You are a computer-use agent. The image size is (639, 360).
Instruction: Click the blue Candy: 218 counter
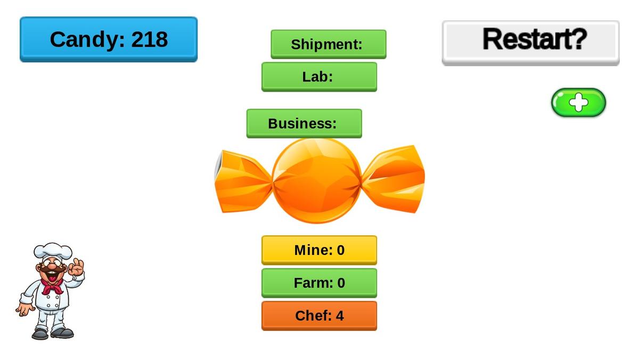point(109,39)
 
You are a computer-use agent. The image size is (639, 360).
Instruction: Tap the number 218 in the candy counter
point(150,39)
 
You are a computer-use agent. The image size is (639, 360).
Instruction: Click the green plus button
point(578,102)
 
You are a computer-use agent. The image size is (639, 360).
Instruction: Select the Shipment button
point(328,44)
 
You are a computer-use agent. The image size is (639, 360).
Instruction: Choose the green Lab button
point(319,77)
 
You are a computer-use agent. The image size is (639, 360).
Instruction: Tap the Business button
point(304,124)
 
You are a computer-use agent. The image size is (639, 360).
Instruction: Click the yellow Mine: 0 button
point(319,250)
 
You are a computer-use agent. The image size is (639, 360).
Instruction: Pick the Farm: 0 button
point(319,283)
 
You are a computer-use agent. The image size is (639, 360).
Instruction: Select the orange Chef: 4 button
point(319,316)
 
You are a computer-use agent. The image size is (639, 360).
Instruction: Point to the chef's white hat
point(53,251)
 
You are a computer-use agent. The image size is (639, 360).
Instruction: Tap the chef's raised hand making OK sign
point(77,268)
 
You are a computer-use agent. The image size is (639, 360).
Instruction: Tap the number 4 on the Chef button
point(340,316)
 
